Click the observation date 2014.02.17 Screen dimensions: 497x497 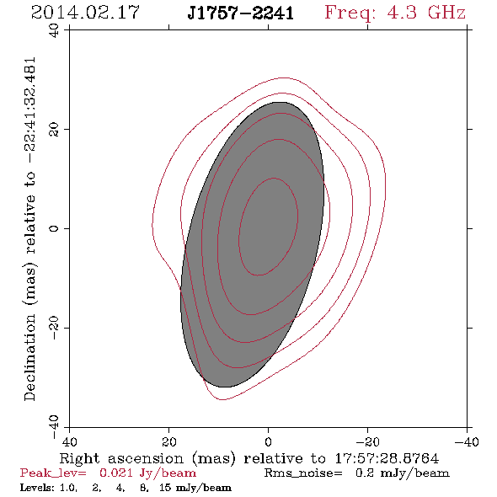point(85,13)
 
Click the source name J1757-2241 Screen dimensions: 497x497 point(241,13)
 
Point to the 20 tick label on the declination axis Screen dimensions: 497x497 point(54,130)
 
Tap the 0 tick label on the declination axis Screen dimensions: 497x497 point(54,228)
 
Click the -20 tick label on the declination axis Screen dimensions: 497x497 point(54,328)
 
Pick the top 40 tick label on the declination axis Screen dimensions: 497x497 point(54,30)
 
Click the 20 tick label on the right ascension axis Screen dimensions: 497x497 point(168,441)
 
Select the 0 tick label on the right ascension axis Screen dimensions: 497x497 point(268,441)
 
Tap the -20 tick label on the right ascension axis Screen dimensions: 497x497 point(367,441)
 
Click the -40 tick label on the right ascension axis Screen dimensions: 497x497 point(467,441)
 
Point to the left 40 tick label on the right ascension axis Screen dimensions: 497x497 point(69,441)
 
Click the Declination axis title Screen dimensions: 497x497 point(29,229)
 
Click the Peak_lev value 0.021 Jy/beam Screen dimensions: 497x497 point(147,473)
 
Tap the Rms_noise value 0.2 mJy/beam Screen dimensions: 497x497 point(403,473)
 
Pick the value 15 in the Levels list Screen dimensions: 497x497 point(165,488)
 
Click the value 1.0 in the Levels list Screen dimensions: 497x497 point(68,488)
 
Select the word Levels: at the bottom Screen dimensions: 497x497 point(37,488)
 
